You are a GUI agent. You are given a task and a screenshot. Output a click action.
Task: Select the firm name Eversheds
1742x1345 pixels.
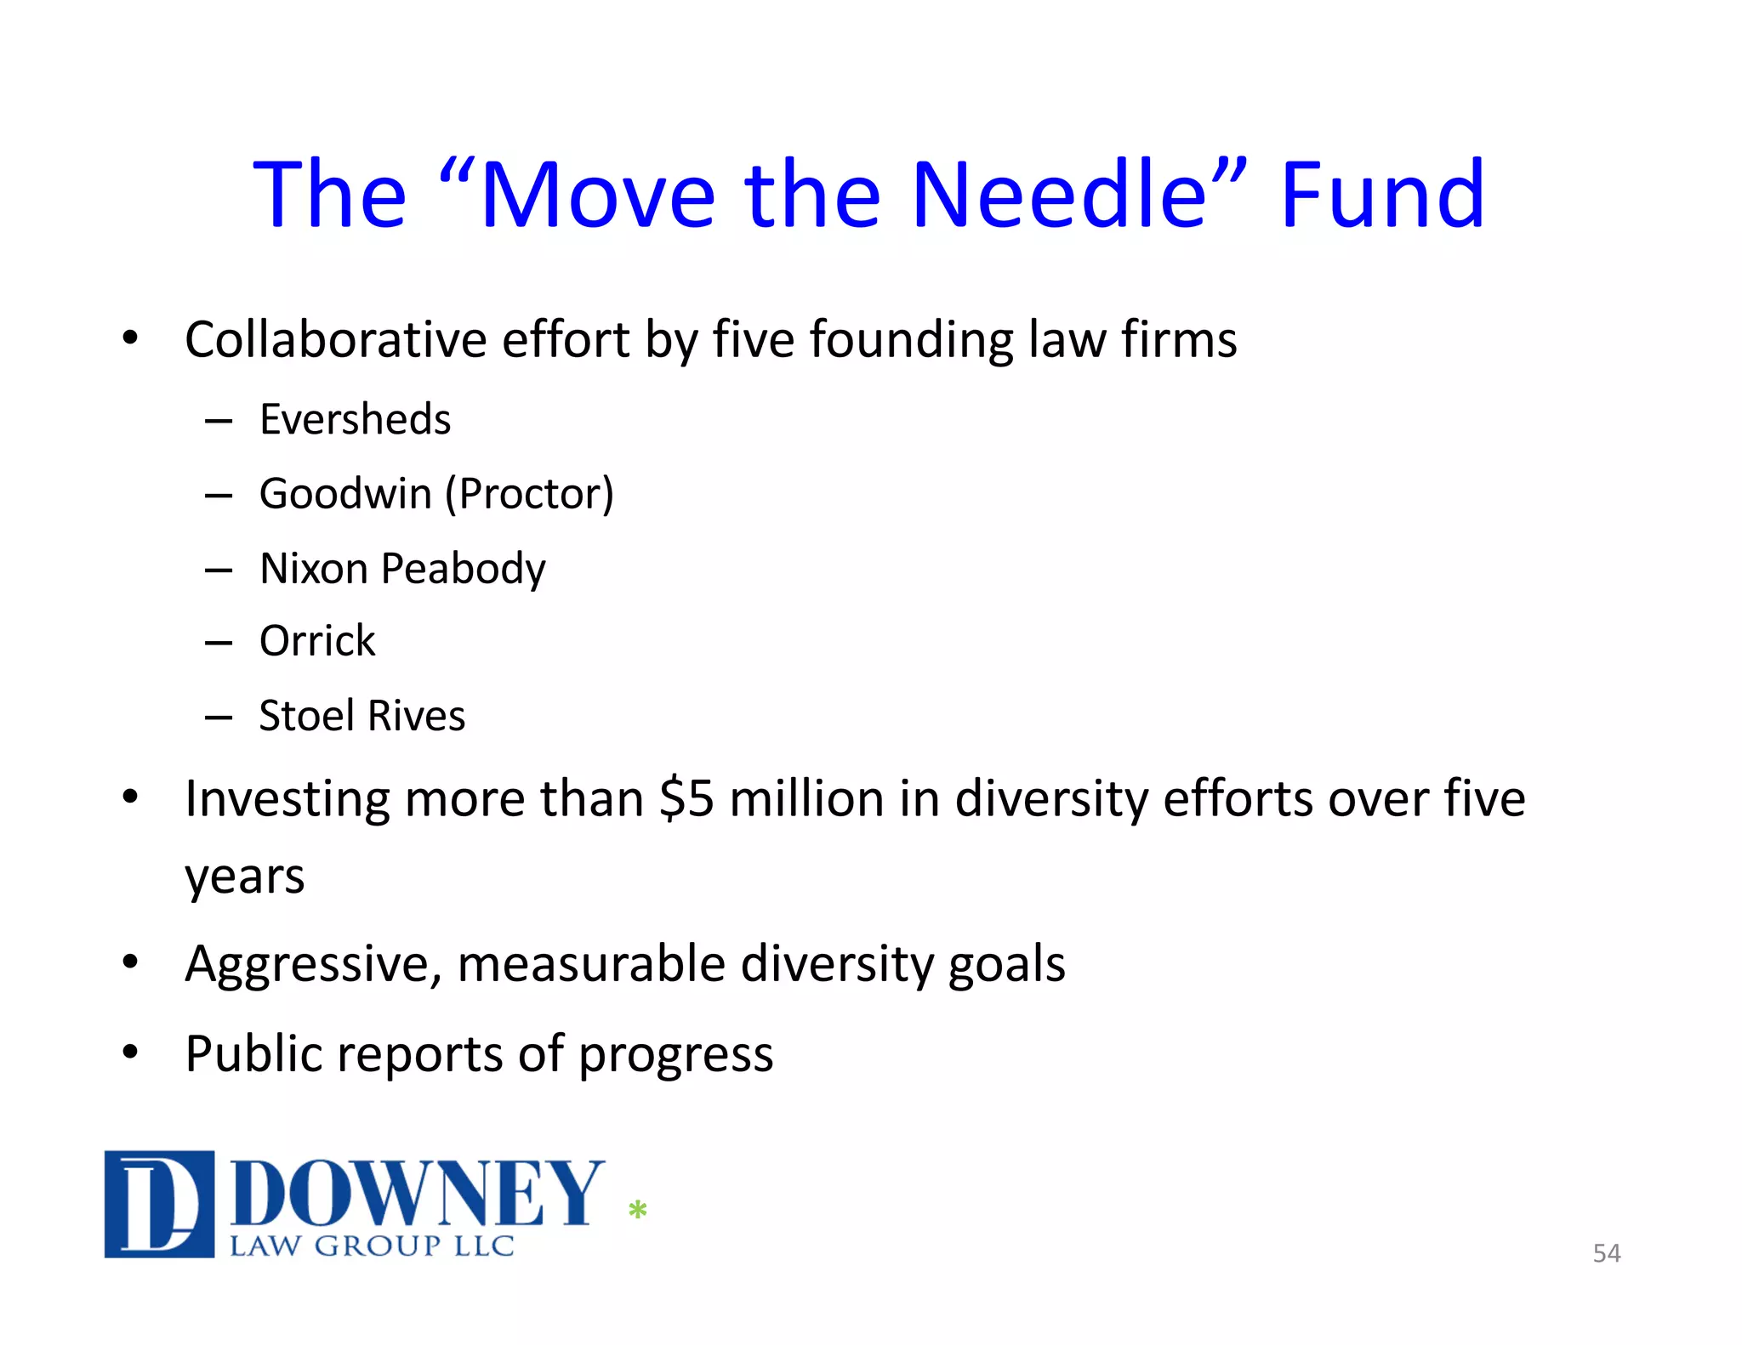(x=355, y=419)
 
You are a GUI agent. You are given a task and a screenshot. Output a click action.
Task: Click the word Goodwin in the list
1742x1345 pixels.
(x=345, y=494)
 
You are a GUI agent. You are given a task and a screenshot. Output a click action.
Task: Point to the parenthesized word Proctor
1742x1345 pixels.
(x=529, y=494)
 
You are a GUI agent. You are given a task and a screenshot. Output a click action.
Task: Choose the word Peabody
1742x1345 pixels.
(x=463, y=569)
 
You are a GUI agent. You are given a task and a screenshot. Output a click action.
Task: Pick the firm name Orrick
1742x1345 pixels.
(x=317, y=641)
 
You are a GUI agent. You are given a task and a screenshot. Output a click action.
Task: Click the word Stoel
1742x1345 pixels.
(x=307, y=716)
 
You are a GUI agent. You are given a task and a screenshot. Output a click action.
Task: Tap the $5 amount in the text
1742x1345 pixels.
(x=686, y=799)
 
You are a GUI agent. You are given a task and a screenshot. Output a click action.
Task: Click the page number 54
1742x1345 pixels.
(x=1606, y=1253)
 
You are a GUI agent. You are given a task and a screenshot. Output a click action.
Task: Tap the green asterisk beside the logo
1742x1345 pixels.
(x=637, y=1209)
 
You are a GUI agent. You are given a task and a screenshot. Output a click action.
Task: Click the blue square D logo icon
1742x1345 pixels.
(x=159, y=1204)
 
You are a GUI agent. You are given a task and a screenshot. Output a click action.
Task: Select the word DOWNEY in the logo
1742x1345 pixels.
(x=417, y=1194)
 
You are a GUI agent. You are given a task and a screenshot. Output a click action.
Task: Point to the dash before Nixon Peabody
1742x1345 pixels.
(x=219, y=570)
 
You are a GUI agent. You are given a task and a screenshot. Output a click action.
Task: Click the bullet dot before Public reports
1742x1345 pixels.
(x=130, y=1053)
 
